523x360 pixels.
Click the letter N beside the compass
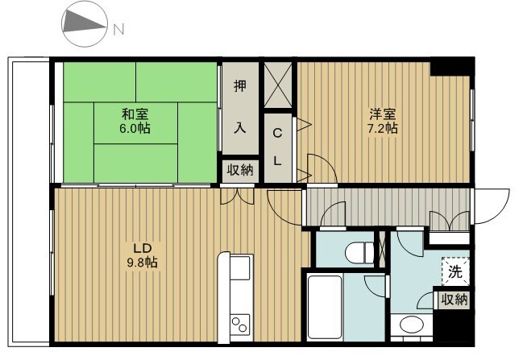(118, 31)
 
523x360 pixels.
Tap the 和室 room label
(135, 114)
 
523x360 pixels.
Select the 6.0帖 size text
(135, 128)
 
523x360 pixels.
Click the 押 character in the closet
(240, 87)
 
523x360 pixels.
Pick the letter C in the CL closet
(276, 134)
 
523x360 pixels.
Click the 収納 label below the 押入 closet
(240, 169)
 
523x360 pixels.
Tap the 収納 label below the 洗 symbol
(454, 300)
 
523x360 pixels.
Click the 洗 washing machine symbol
(455, 271)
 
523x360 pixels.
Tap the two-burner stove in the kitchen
(241, 324)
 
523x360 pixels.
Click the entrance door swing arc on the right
(493, 207)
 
